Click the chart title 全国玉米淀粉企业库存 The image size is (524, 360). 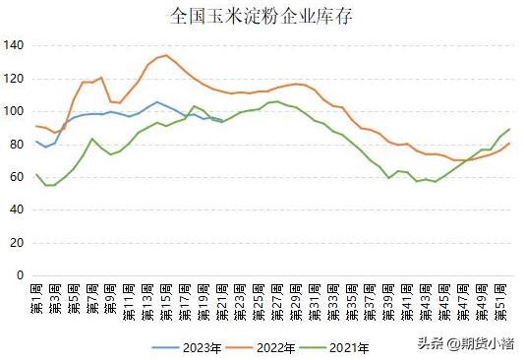click(262, 16)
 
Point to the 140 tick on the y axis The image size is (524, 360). click(14, 45)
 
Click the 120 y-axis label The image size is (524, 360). click(14, 79)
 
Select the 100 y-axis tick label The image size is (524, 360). click(14, 111)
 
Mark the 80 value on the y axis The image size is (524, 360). click(17, 145)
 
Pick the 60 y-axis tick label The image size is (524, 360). click(17, 177)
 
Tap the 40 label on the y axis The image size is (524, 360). click(17, 210)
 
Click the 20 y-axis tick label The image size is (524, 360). click(17, 243)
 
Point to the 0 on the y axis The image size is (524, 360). click(20, 276)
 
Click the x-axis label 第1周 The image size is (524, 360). click(37, 299)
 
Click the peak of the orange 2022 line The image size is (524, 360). click(166, 55)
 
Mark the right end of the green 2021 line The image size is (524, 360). click(509, 129)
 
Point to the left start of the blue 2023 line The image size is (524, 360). click(36, 141)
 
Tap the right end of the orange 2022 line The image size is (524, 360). click(509, 144)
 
